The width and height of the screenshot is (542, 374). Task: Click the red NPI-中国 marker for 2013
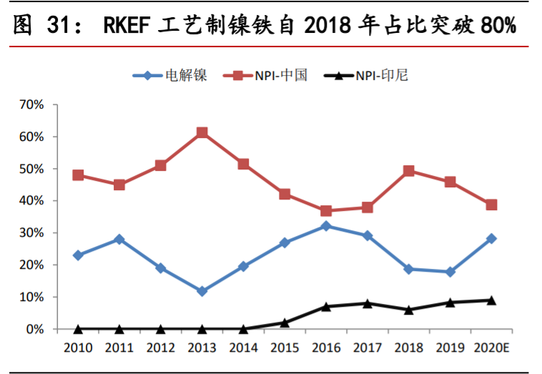coord(202,133)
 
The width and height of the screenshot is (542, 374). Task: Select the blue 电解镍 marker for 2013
coord(202,291)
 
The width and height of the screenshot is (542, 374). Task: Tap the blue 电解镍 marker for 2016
coord(326,226)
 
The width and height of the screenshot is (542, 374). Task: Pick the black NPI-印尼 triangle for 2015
coord(285,323)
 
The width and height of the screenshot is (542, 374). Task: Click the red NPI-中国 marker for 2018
coord(409,171)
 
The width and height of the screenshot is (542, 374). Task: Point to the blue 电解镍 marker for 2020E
coord(491,239)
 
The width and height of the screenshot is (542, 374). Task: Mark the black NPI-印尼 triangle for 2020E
coord(491,300)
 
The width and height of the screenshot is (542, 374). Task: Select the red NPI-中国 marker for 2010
coord(78,175)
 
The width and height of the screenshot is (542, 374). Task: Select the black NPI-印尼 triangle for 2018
coord(409,310)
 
